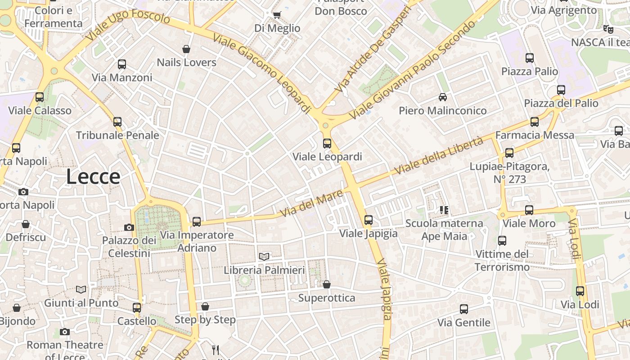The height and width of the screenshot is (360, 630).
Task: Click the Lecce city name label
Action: coord(93,177)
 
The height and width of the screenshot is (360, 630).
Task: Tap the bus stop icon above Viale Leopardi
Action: coord(327,144)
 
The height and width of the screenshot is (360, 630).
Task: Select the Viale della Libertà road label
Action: coord(438,156)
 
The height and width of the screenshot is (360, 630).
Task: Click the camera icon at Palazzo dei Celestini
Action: coord(129,227)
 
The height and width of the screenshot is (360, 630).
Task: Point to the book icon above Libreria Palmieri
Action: coord(264,256)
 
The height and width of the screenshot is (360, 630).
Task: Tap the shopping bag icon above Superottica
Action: coord(327,284)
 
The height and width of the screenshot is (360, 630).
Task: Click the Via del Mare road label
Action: coord(311,204)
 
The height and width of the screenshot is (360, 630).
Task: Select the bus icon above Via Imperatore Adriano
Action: coord(197,221)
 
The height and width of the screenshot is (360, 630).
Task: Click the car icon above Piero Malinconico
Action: coord(443,97)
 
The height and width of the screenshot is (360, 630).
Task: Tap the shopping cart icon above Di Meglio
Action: coord(277,15)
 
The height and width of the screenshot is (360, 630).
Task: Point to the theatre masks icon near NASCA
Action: coord(608,29)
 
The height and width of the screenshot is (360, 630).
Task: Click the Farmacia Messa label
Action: coord(535,135)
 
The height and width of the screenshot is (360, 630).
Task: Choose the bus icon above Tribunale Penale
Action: coord(117,121)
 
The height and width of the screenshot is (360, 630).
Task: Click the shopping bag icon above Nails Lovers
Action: coord(186,49)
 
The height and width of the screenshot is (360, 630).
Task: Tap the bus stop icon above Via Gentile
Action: coord(464,309)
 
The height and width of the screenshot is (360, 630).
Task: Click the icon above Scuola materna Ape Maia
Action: coord(444,210)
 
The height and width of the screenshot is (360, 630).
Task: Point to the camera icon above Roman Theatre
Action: coord(65,332)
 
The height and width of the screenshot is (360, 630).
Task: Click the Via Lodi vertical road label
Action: coord(574,239)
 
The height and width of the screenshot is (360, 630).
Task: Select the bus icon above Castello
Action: coord(137,308)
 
